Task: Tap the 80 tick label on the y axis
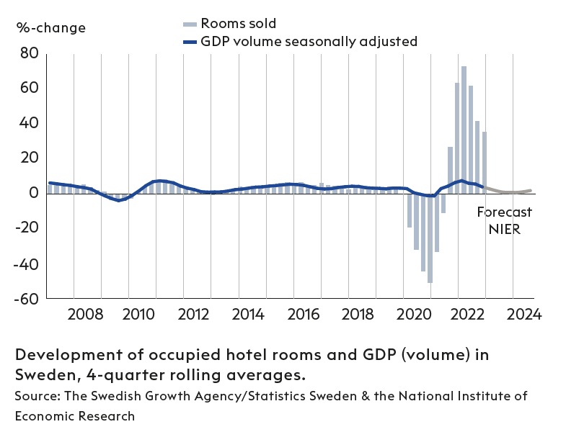pyautogui.click(x=30, y=53)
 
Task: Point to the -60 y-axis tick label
pyautogui.click(x=27, y=299)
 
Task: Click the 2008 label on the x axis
pyautogui.click(x=85, y=315)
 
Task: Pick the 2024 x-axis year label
pyautogui.click(x=524, y=315)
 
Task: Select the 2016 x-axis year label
pyautogui.click(x=304, y=315)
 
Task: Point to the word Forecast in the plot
pyautogui.click(x=505, y=212)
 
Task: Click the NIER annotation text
pyautogui.click(x=504, y=230)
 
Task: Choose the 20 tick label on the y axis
pyautogui.click(x=30, y=158)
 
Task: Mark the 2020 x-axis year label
pyautogui.click(x=414, y=315)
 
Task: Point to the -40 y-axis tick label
pyautogui.click(x=27, y=264)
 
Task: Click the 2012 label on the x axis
pyautogui.click(x=195, y=315)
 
